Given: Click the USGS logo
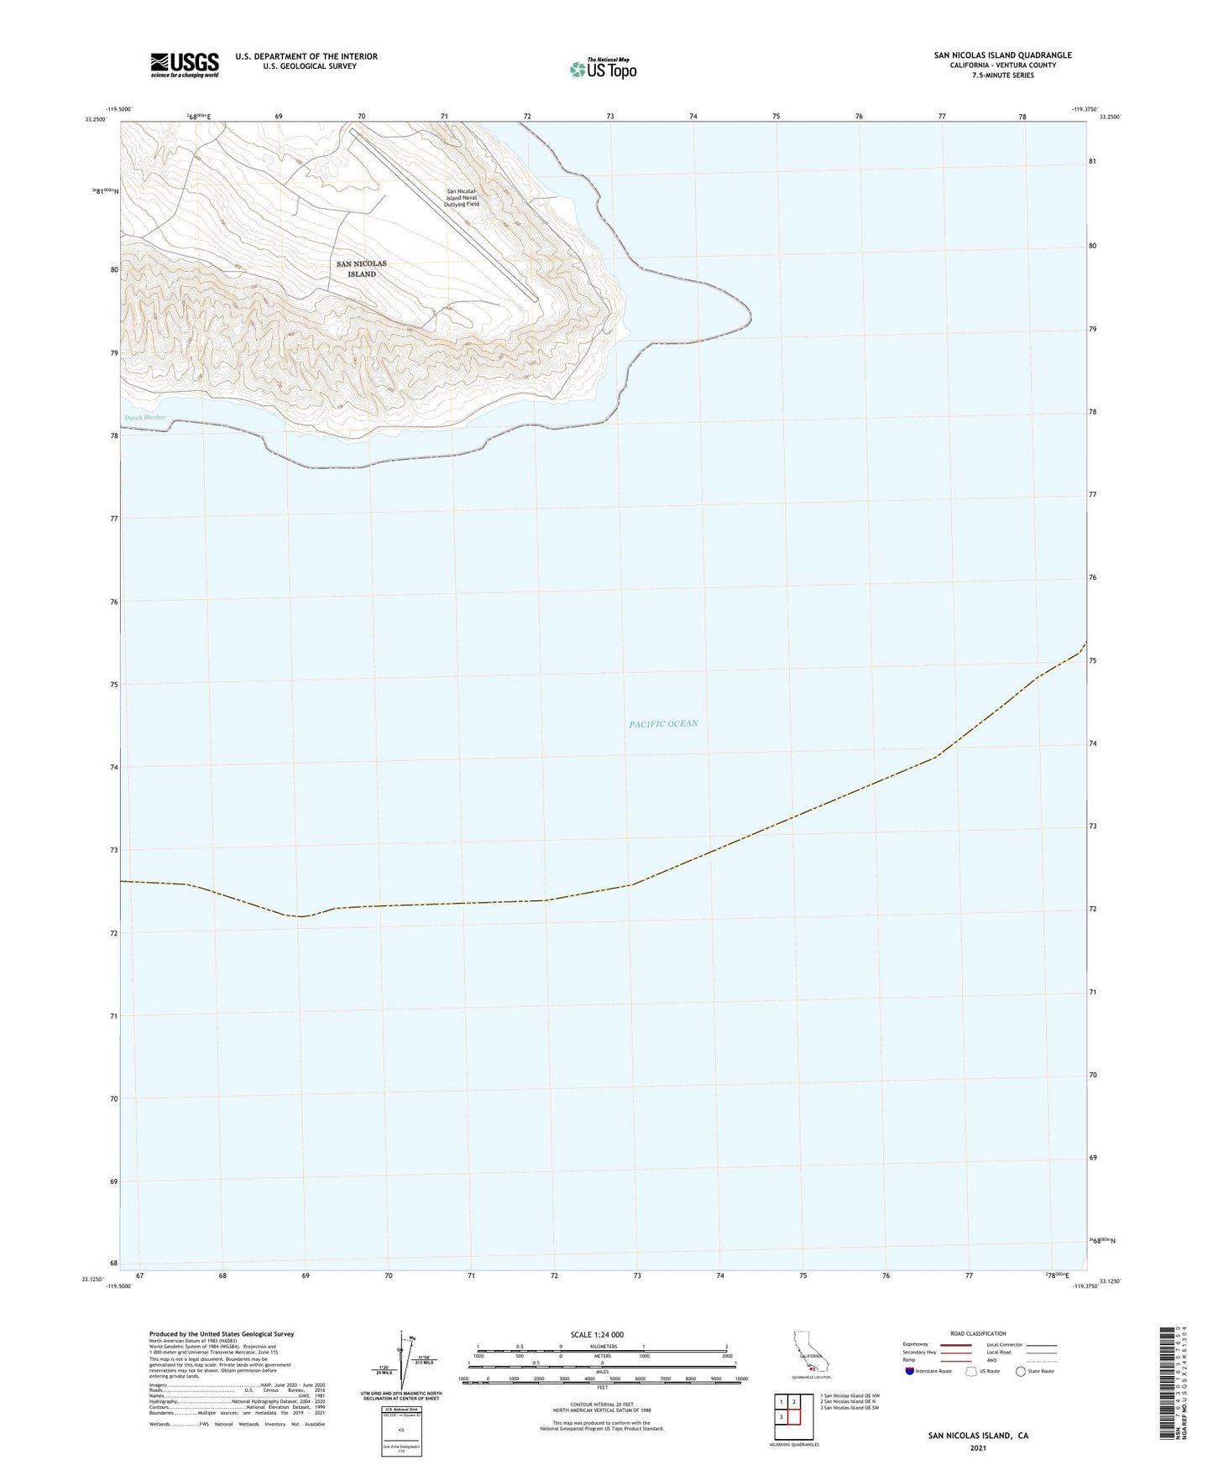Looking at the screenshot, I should pyautogui.click(x=185, y=65).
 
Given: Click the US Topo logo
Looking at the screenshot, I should pyautogui.click(x=603, y=69).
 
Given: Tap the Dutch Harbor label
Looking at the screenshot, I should pyautogui.click(x=145, y=417).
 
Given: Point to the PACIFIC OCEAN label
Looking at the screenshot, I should pyautogui.click(x=663, y=723).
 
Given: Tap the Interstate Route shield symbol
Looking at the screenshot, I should pyautogui.click(x=911, y=1371).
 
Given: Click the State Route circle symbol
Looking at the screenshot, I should pyautogui.click(x=1021, y=1371).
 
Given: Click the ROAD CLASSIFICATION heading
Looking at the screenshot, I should pyautogui.click(x=978, y=1333).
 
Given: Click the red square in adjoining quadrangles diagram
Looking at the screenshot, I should pyautogui.click(x=793, y=1415).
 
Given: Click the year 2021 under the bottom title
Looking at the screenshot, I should pyautogui.click(x=978, y=1447).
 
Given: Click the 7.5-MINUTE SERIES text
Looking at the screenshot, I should pyautogui.click(x=1002, y=76).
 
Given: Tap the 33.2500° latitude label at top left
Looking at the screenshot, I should pyautogui.click(x=97, y=119).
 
